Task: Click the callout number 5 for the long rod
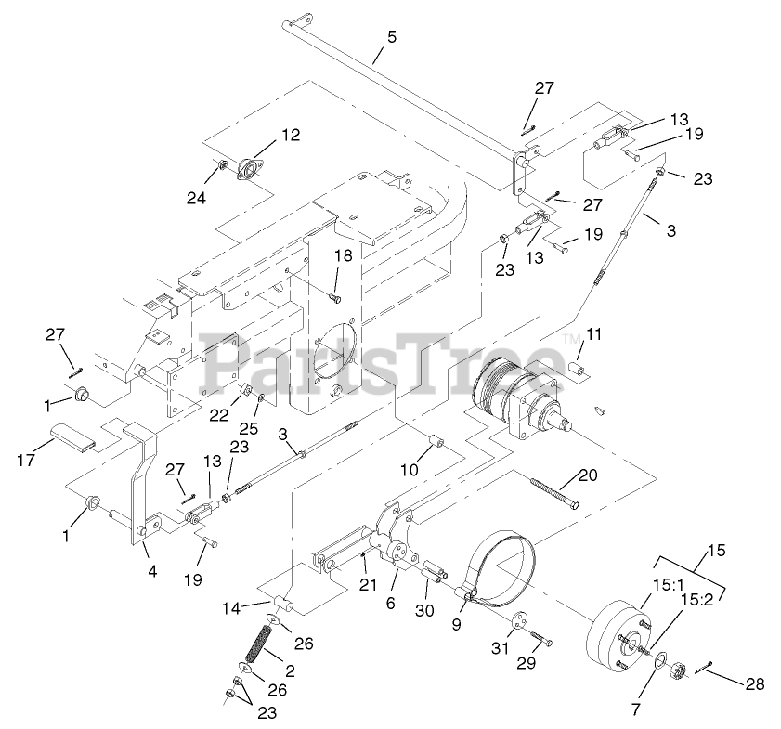391,38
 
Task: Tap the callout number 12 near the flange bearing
291,135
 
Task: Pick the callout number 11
594,333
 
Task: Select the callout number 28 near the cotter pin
754,683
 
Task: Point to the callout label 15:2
696,600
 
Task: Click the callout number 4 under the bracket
152,570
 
